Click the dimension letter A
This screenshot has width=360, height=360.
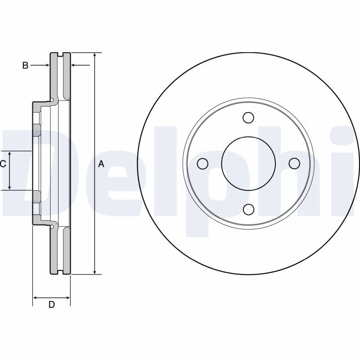point(101,164)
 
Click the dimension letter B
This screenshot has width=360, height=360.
point(25,65)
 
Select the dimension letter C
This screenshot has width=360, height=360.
point(3,164)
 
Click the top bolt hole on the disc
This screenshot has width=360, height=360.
point(248,117)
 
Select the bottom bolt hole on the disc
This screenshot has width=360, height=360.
point(248,209)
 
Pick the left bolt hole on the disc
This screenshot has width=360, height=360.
point(203,164)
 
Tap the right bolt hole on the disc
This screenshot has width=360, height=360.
point(294,163)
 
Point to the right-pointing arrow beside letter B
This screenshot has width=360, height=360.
point(40,65)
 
